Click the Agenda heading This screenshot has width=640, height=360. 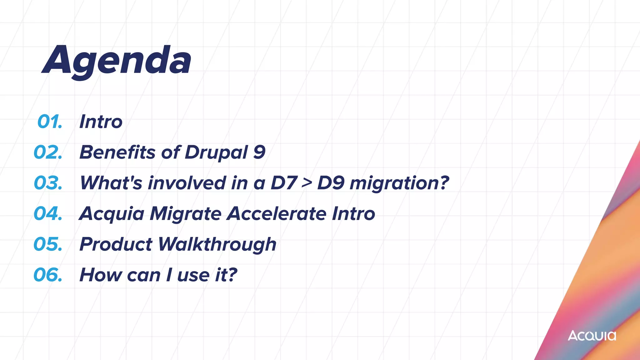coord(116,61)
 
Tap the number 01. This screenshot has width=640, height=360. coord(50,122)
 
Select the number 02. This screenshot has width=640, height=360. coord(48,152)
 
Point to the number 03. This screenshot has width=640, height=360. coord(48,183)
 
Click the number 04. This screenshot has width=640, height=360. coord(48,213)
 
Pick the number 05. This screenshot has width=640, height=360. coord(48,244)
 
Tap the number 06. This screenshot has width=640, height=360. coord(48,275)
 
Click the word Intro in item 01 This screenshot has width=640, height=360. coord(101,122)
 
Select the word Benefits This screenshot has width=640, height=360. coord(117,152)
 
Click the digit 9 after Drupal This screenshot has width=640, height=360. coord(259,152)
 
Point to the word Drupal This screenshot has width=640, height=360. coord(216,153)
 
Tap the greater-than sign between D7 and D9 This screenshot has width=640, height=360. coord(307,183)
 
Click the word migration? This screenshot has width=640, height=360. coord(399,183)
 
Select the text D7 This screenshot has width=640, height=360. coord(283,183)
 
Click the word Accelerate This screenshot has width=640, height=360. coord(277,213)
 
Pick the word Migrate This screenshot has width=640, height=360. coord(186,214)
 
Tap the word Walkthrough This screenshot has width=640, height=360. coord(217,244)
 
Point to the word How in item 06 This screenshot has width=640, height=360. coord(101,275)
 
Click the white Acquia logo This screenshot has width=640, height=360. coord(592,336)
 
